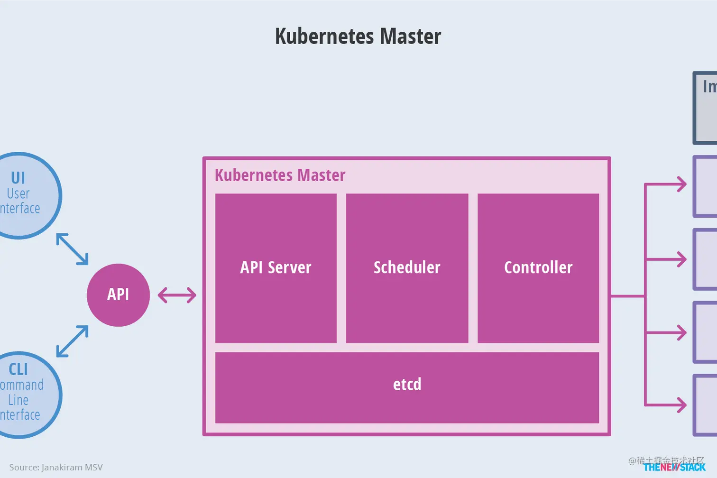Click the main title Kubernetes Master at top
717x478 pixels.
pos(358,37)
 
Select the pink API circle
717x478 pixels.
pos(118,295)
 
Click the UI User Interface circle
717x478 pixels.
pos(24,195)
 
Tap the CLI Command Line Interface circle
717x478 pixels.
pos(24,395)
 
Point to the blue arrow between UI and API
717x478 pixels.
pos(72,248)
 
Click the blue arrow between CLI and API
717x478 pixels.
pos(72,341)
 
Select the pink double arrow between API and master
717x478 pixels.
pos(177,295)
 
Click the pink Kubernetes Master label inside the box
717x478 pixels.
pos(280,175)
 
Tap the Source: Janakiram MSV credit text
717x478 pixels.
pos(56,467)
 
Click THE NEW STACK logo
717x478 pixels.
pos(674,467)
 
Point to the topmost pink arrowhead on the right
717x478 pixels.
pos(681,184)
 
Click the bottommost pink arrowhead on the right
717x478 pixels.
pos(681,405)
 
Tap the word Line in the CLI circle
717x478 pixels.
pos(18,400)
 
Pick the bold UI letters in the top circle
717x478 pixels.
pos(18,178)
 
